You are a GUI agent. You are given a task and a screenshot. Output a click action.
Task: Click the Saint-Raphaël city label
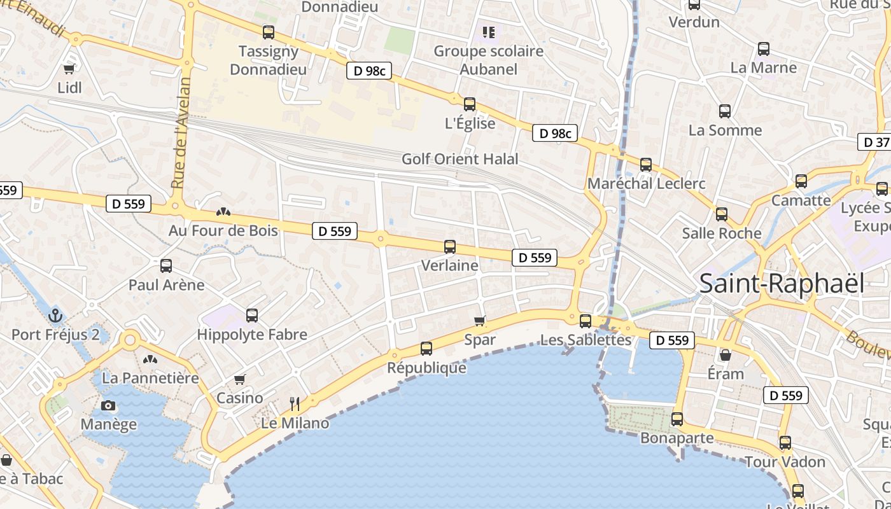point(782,284)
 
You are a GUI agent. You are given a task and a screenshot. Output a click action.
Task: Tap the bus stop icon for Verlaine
point(450,247)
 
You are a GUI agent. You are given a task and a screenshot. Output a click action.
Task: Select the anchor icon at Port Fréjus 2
point(55,315)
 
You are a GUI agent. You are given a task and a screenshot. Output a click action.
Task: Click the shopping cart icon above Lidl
point(69,69)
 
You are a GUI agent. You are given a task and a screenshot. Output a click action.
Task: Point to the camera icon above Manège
point(108,405)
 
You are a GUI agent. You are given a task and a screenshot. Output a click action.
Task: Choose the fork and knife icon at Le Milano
point(295,403)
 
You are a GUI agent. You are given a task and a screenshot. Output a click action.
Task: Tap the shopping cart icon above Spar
point(480,321)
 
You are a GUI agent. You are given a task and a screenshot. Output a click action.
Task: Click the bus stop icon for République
point(426,349)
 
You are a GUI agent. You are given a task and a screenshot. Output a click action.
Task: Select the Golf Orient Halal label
point(460,159)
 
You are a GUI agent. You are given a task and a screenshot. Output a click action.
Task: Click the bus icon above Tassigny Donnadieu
point(269,32)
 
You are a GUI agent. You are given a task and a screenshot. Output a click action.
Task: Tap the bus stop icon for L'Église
point(470,104)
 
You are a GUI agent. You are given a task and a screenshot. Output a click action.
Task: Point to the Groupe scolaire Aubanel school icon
point(488,32)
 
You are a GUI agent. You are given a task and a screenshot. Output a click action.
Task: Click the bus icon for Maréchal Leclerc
point(646,165)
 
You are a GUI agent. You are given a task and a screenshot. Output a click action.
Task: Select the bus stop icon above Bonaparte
point(677,419)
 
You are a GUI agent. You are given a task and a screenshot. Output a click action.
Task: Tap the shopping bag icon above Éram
point(726,355)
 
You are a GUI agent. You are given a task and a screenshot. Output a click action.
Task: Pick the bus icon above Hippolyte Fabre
point(252,315)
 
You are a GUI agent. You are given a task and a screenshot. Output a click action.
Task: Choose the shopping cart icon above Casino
point(240,380)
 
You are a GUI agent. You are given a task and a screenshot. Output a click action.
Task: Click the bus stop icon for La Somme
point(725,111)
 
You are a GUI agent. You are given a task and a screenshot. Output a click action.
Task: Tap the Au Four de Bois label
point(223,230)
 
